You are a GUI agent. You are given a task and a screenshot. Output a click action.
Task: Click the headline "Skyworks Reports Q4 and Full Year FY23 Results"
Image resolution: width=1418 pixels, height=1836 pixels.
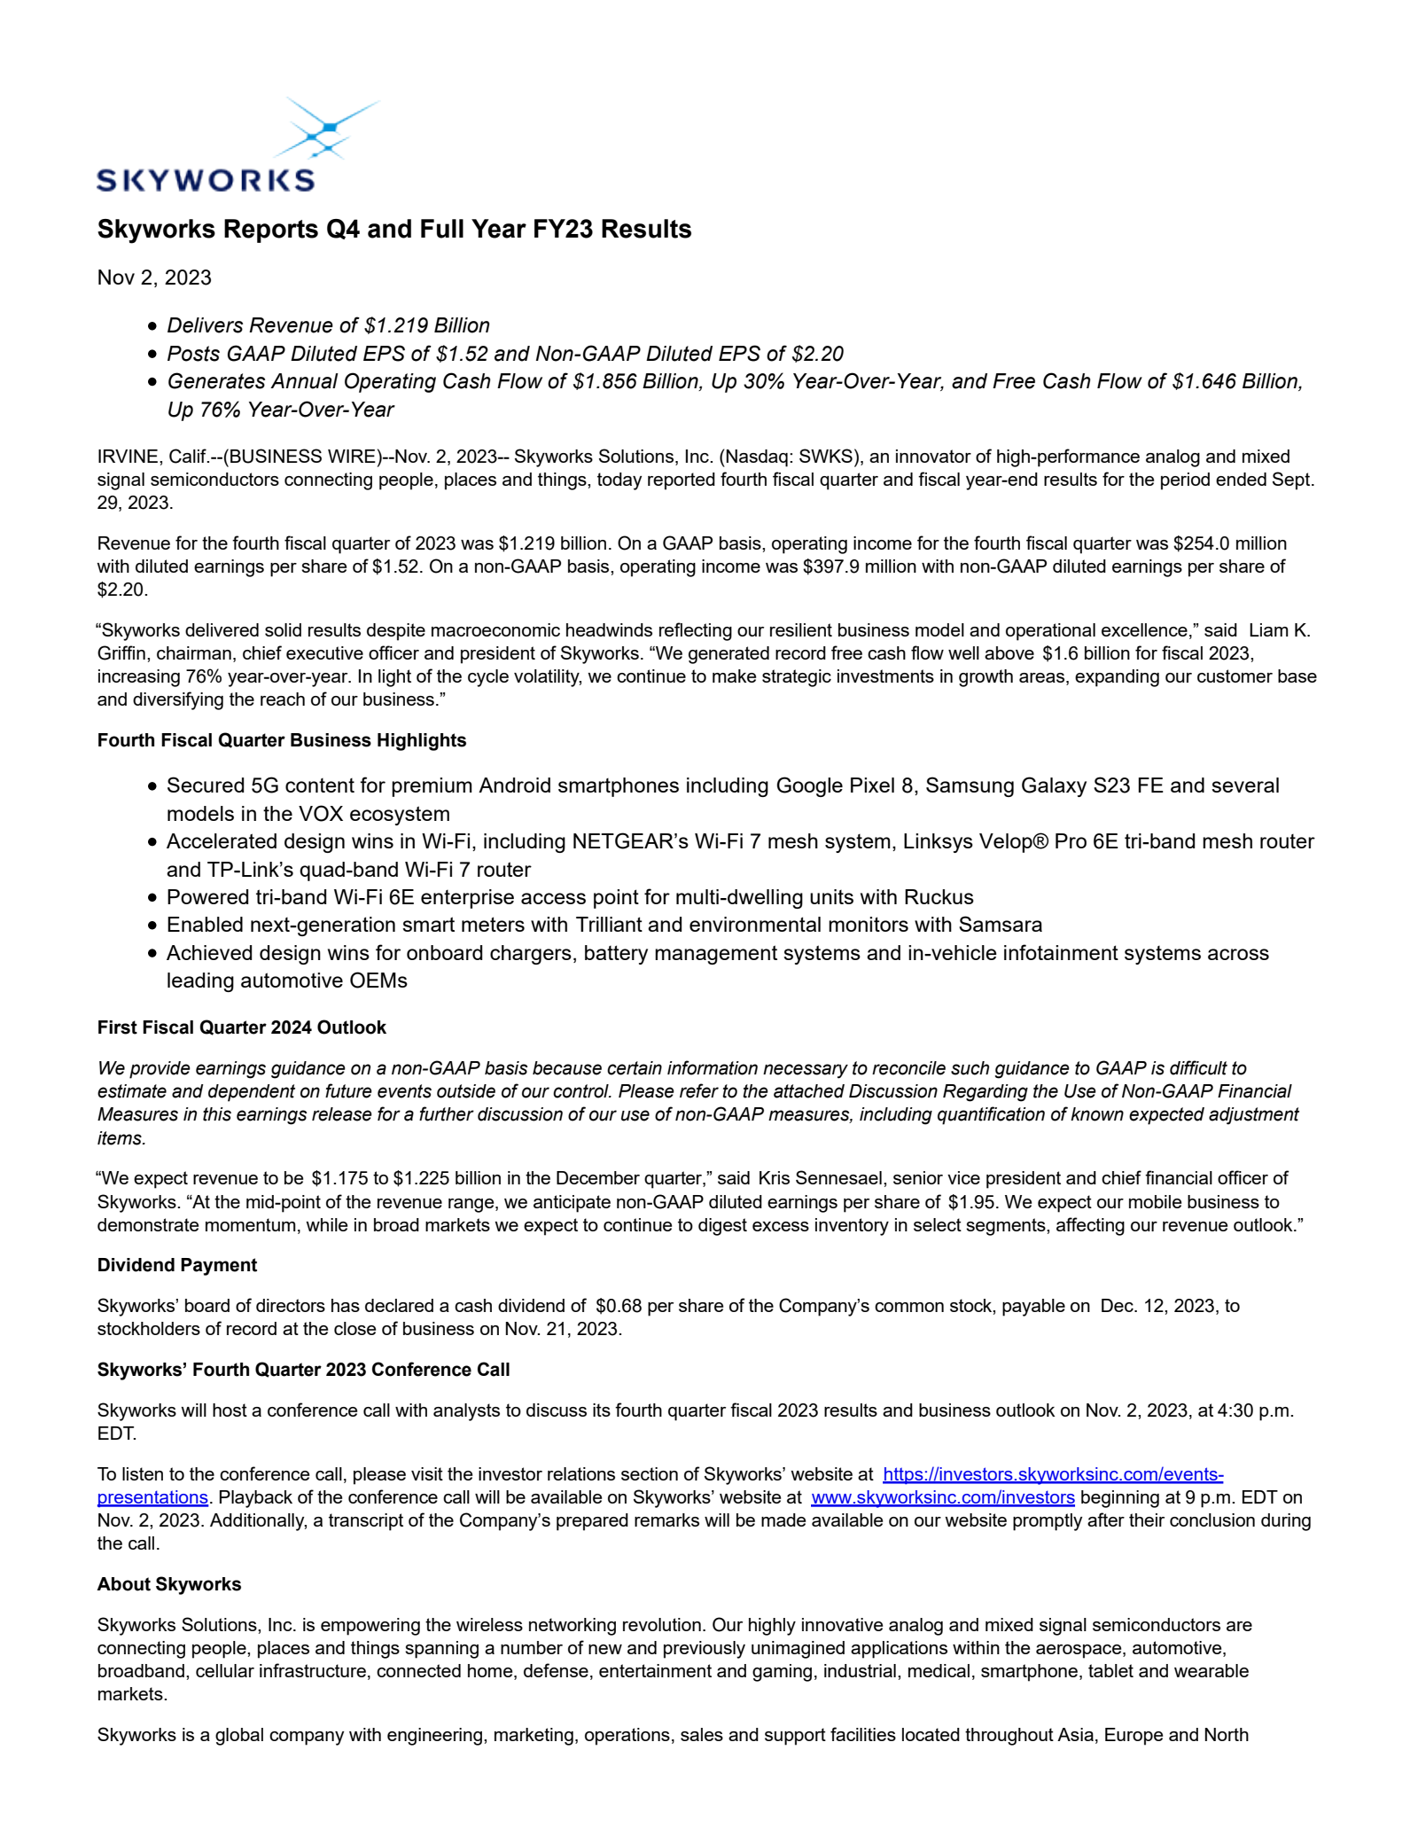[394, 229]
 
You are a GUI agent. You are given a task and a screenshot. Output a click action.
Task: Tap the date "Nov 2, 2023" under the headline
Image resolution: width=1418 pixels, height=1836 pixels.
[154, 277]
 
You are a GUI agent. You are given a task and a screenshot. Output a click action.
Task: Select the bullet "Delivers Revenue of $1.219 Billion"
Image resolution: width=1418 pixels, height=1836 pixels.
[328, 325]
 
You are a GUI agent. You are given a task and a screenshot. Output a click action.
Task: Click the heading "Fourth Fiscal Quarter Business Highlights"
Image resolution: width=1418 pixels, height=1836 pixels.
[282, 740]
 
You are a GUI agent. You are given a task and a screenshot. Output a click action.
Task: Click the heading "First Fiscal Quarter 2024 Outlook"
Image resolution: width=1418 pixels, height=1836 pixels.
[242, 1027]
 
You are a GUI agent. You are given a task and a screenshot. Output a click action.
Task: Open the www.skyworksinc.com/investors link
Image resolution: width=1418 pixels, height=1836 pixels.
[942, 1497]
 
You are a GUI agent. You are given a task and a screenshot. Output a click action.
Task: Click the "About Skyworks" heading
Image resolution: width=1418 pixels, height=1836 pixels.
[169, 1584]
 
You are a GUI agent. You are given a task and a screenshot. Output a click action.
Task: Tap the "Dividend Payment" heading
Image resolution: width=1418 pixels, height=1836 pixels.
[177, 1265]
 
